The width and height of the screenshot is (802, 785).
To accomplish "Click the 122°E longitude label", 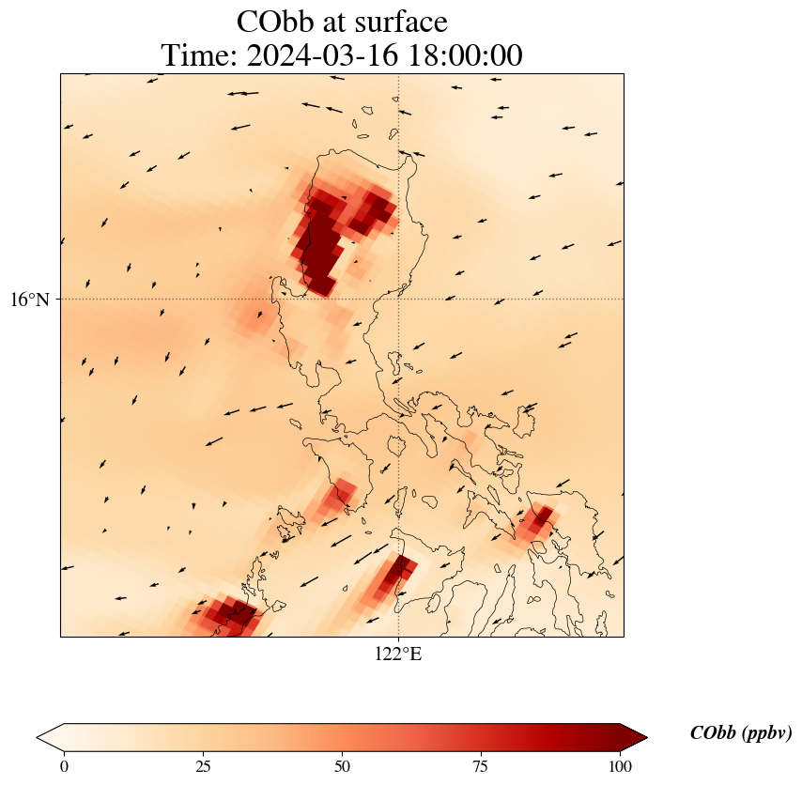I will click(398, 654).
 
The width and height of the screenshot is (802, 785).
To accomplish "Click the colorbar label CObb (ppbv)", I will click(741, 733).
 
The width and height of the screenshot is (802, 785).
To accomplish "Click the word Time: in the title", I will click(200, 55).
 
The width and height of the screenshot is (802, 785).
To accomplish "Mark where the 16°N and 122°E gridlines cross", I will click(399, 299).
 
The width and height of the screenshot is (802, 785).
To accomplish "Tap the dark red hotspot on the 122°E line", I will click(398, 572).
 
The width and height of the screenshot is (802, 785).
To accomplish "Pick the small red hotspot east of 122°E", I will click(538, 522).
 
